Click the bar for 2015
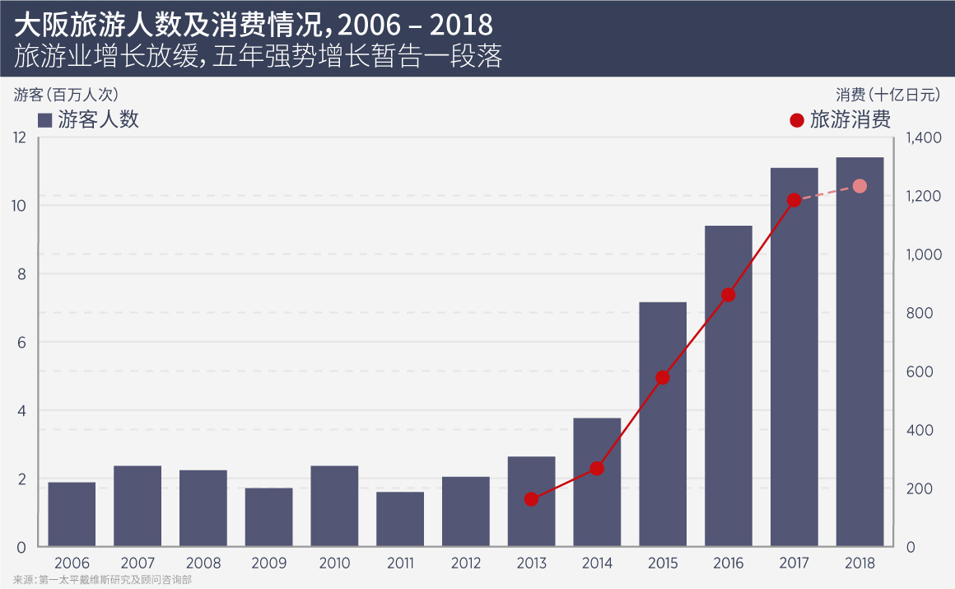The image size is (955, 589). (x=663, y=424)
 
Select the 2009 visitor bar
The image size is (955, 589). (x=268, y=517)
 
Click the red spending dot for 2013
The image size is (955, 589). (x=531, y=499)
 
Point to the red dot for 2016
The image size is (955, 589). (x=728, y=295)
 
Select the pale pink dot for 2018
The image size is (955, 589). (x=859, y=186)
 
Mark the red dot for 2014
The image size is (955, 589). (x=597, y=469)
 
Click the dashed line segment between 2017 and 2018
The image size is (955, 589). (x=827, y=194)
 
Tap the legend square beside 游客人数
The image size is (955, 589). (x=45, y=120)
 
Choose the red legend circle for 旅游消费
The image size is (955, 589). (x=796, y=120)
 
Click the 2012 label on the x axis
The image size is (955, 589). (x=465, y=564)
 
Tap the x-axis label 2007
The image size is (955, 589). (x=137, y=564)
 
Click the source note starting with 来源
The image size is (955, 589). (x=103, y=580)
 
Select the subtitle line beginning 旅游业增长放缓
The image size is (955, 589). (x=259, y=56)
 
